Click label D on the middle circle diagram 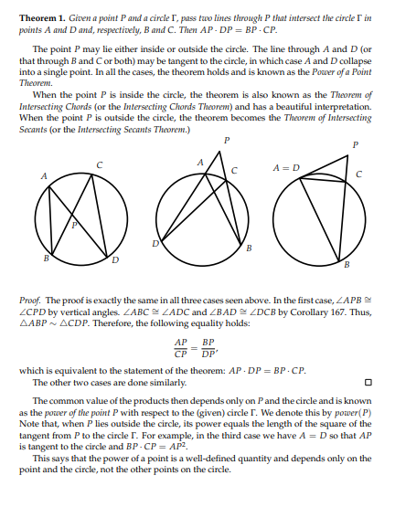155,243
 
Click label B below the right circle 347,265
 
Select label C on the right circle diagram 358,174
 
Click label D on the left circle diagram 114,260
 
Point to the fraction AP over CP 182,350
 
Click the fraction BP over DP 210,350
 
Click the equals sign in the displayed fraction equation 196,349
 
